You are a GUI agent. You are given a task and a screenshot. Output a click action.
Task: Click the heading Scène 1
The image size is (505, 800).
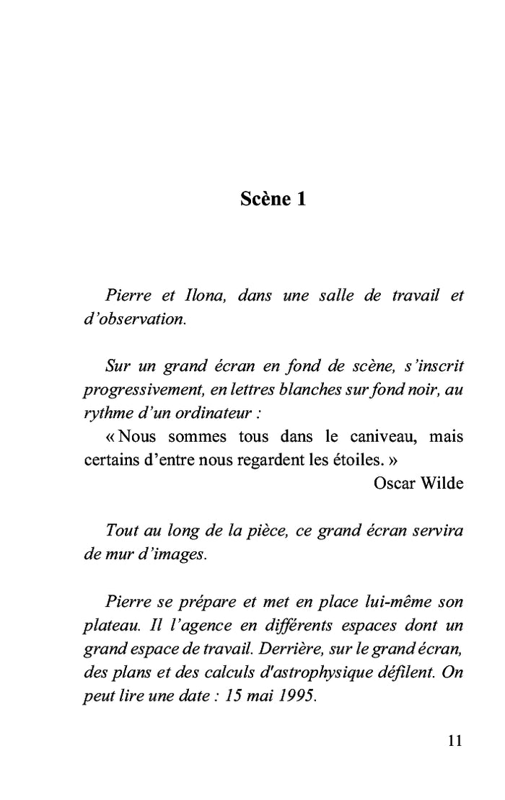coord(273,200)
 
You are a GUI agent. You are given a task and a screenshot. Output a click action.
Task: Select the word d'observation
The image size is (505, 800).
coord(135,319)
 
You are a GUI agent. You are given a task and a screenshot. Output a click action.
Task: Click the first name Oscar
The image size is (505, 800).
coord(393,483)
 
